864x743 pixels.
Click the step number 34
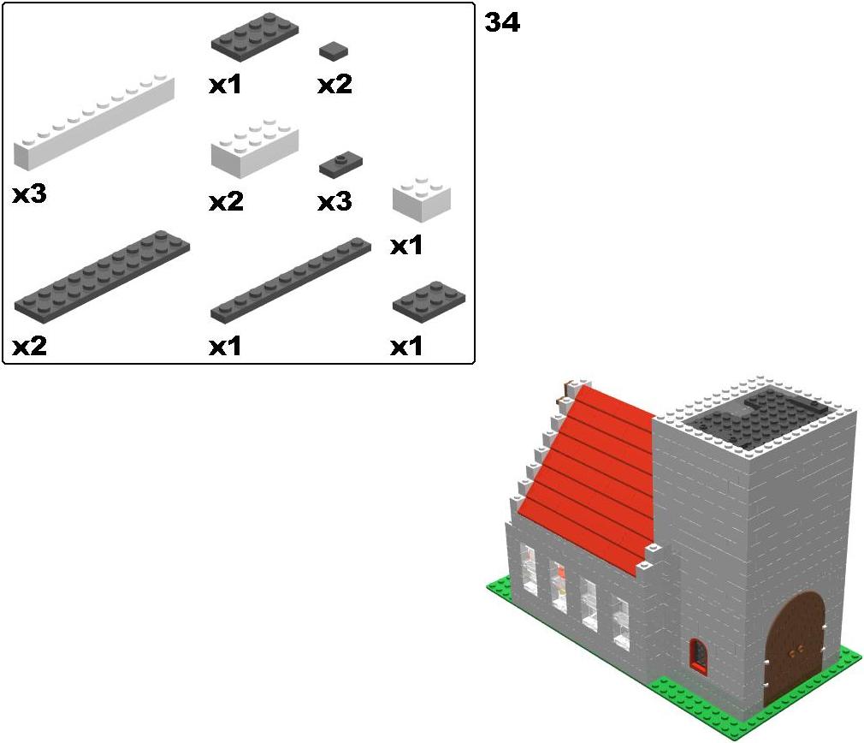click(502, 23)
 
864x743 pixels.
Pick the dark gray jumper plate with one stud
click(340, 165)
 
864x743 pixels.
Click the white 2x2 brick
click(422, 199)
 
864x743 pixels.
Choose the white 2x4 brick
click(255, 148)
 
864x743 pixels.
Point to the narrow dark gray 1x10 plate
click(291, 280)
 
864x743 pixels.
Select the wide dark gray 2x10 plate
click(103, 276)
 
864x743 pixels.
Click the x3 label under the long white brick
click(30, 194)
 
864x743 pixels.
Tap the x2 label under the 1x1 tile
click(335, 85)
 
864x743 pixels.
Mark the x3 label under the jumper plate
click(335, 202)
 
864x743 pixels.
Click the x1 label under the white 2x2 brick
click(406, 246)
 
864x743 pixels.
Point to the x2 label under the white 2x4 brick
click(226, 202)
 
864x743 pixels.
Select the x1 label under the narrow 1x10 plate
click(225, 347)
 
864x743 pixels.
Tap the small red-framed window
click(699, 655)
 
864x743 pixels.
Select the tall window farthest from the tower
click(529, 570)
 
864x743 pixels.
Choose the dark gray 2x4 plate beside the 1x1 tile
click(255, 33)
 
